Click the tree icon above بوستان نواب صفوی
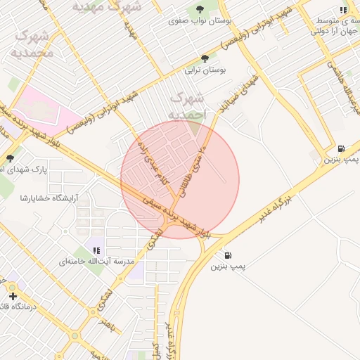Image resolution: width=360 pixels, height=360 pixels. pyautogui.click(x=200, y=9)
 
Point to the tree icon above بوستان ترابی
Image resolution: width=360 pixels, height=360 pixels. pyautogui.click(x=205, y=58)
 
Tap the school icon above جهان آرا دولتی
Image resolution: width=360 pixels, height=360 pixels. pyautogui.click(x=342, y=10)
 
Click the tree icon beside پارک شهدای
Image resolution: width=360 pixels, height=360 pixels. pyautogui.click(x=10, y=158)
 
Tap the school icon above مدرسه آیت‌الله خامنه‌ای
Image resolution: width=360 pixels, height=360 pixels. pyautogui.click(x=96, y=250)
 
